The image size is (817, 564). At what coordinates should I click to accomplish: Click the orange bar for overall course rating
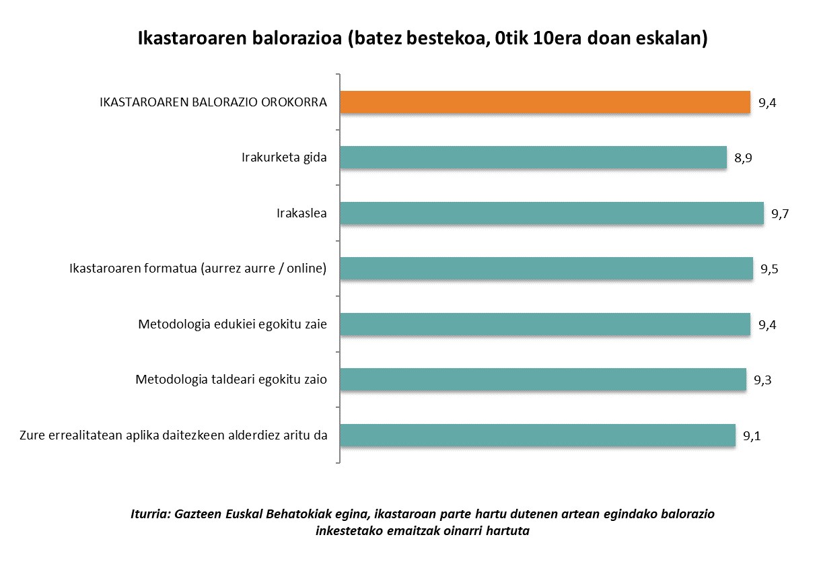545,102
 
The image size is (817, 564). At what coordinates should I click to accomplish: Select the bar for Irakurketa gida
533,157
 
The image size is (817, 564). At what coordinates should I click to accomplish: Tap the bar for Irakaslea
552,213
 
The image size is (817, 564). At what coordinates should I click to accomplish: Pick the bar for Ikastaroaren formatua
546,269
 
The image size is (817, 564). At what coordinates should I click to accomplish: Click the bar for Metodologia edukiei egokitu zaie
545,324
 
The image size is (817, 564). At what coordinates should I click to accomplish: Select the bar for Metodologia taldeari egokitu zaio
543,380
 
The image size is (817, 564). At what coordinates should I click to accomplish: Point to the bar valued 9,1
538,435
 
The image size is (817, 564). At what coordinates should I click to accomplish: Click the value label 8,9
743,159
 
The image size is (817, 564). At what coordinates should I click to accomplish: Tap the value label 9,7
780,215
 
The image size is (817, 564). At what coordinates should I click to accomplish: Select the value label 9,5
769,270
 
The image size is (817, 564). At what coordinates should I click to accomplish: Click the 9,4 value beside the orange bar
767,104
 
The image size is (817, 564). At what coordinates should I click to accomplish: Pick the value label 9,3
762,381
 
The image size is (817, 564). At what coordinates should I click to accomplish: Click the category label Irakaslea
301,214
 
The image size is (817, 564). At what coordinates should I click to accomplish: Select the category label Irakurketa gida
284,158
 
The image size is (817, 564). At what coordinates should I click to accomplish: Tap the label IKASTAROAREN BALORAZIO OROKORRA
213,103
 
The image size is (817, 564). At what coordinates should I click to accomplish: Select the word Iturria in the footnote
150,515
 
